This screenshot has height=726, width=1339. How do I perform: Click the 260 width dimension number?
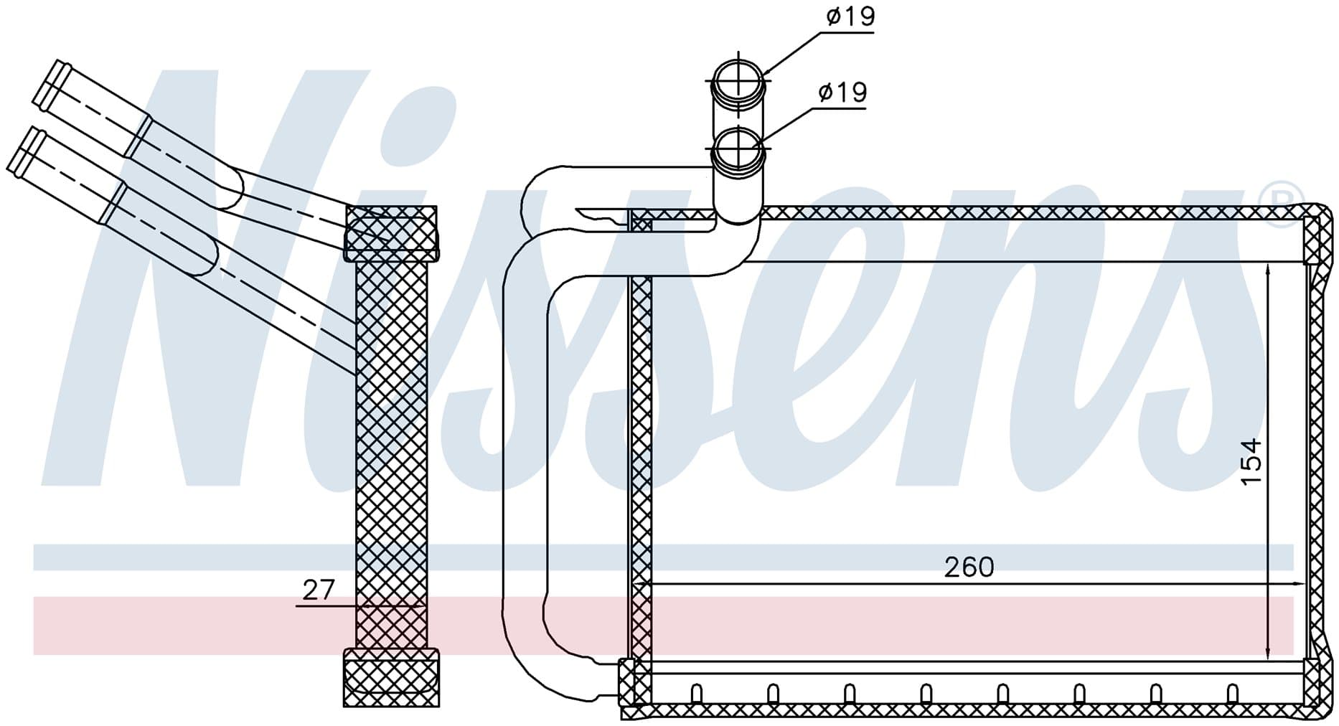[969, 567]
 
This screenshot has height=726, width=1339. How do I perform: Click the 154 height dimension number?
[1250, 461]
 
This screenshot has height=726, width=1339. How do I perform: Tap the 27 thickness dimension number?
[319, 590]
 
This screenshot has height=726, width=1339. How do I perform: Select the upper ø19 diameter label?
[850, 16]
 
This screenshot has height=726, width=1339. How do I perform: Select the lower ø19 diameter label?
[842, 92]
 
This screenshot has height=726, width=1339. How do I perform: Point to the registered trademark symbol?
[1285, 205]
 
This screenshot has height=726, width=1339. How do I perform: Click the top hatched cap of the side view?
[391, 233]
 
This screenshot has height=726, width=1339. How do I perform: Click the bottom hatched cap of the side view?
[391, 677]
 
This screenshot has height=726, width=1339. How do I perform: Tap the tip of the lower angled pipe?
[22, 147]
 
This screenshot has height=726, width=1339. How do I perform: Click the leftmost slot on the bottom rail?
[695, 693]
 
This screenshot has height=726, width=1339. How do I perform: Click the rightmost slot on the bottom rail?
[1233, 693]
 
